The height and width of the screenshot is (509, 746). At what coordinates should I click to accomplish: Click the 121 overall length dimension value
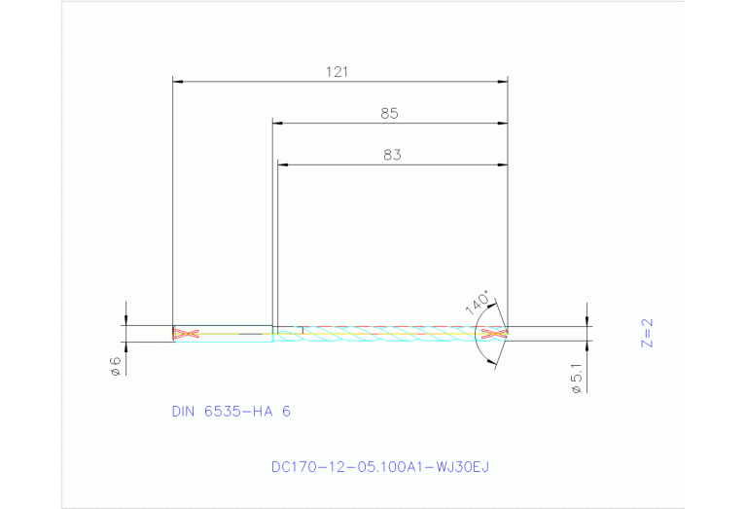pos(337,71)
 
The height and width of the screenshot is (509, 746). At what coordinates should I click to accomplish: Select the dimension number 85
pos(389,113)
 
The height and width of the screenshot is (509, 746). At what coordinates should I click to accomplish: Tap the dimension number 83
pos(392,154)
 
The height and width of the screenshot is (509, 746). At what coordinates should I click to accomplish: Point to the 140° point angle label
pos(477,301)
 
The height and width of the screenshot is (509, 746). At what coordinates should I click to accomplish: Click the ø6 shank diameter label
pos(114,366)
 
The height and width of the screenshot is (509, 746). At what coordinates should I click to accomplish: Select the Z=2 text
pos(648,333)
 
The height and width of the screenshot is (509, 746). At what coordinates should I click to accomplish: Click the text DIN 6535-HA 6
pos(231,412)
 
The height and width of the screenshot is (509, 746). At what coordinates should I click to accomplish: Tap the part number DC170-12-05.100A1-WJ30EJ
pos(379,466)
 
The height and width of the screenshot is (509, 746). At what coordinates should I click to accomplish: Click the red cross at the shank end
pos(185,334)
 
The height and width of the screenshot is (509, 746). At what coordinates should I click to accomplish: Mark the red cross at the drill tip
pos(495,334)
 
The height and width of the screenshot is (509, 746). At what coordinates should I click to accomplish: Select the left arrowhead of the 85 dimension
pos(277,124)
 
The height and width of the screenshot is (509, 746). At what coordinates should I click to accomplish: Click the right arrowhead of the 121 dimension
pos(503,82)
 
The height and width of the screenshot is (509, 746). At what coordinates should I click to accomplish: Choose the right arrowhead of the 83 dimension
pos(503,164)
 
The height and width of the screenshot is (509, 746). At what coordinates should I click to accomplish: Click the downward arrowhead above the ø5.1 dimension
pos(587,320)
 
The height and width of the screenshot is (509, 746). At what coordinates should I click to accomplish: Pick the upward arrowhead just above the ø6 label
pos(125,346)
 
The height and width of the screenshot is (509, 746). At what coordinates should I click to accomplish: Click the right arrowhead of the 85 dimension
pos(503,124)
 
